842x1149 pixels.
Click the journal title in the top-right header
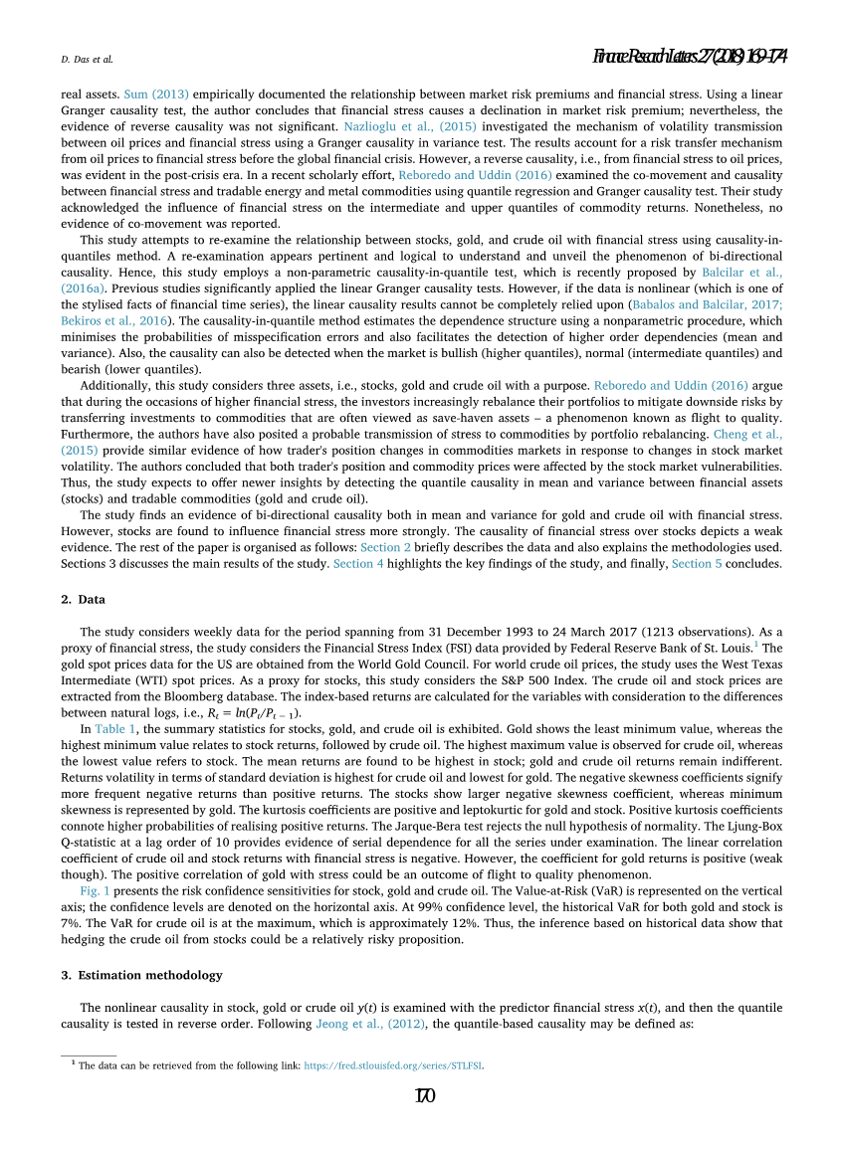click(x=690, y=57)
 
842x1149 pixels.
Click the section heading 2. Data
click(x=83, y=600)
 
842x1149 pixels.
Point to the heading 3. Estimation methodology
click(x=141, y=975)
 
